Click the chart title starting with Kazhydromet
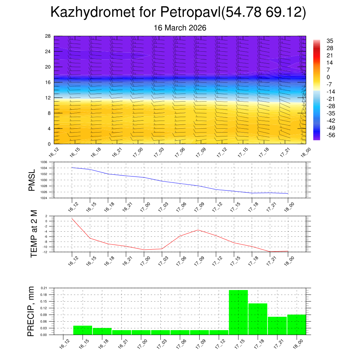click(x=179, y=12)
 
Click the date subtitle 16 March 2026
click(x=180, y=28)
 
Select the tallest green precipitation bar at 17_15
click(x=238, y=312)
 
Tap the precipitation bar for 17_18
click(x=258, y=319)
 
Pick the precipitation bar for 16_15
click(x=83, y=330)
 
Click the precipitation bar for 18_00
click(x=296, y=324)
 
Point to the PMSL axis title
click(x=32, y=180)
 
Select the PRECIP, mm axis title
click(x=32, y=311)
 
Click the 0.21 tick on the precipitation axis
click(x=44, y=288)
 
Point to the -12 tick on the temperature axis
click(x=45, y=252)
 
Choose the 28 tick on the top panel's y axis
click(x=48, y=36)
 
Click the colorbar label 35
click(x=330, y=41)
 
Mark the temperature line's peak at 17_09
click(x=198, y=230)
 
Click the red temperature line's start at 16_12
click(x=72, y=218)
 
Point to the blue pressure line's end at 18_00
click(x=288, y=194)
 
